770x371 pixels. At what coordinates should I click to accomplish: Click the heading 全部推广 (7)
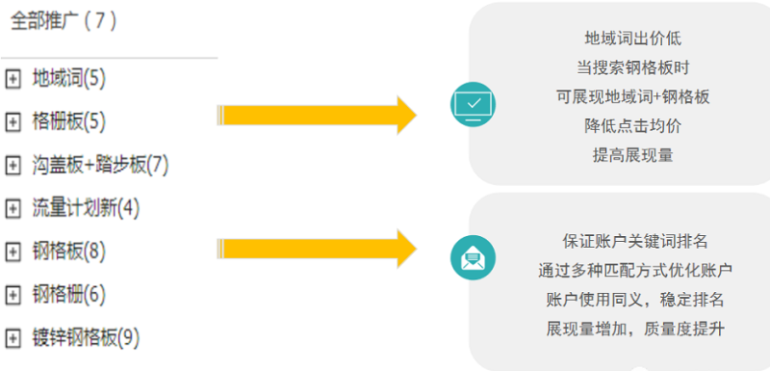64,22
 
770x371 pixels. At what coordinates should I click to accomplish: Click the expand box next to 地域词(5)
13,78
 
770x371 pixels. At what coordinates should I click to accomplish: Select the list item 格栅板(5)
68,120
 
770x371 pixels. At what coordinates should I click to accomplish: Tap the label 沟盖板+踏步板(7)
100,165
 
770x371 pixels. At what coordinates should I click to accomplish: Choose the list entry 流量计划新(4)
86,207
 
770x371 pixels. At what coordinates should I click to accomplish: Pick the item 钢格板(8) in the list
68,252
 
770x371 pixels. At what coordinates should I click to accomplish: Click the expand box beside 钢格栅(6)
13,294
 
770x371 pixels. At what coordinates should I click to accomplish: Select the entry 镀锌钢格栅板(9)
86,337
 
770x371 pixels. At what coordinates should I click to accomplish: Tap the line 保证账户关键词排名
635,240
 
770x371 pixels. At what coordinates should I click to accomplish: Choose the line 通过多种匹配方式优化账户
635,269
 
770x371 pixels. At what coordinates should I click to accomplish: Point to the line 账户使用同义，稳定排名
635,298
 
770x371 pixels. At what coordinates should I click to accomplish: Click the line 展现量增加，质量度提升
635,328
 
